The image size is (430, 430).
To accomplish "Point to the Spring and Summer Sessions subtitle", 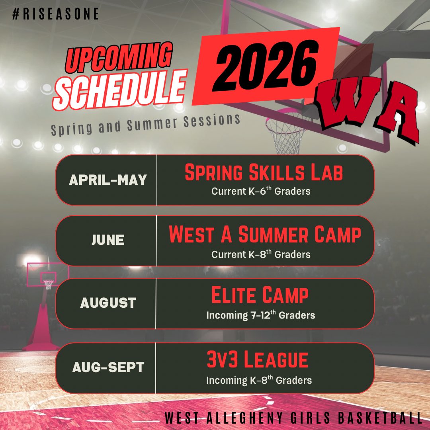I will point(145,125).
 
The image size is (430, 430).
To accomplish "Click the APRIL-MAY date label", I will point(108,180).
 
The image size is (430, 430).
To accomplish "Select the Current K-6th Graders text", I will point(261,191).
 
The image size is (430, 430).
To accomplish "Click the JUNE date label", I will point(108,240).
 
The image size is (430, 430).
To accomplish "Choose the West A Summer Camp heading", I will point(265,235).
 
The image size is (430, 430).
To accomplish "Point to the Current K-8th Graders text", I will point(261,254).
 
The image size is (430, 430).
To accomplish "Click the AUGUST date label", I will point(108,303).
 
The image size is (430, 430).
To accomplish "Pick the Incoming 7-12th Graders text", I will point(260,315).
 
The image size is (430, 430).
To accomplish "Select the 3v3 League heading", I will point(257,360).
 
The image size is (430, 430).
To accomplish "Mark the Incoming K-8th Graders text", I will point(259,380).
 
